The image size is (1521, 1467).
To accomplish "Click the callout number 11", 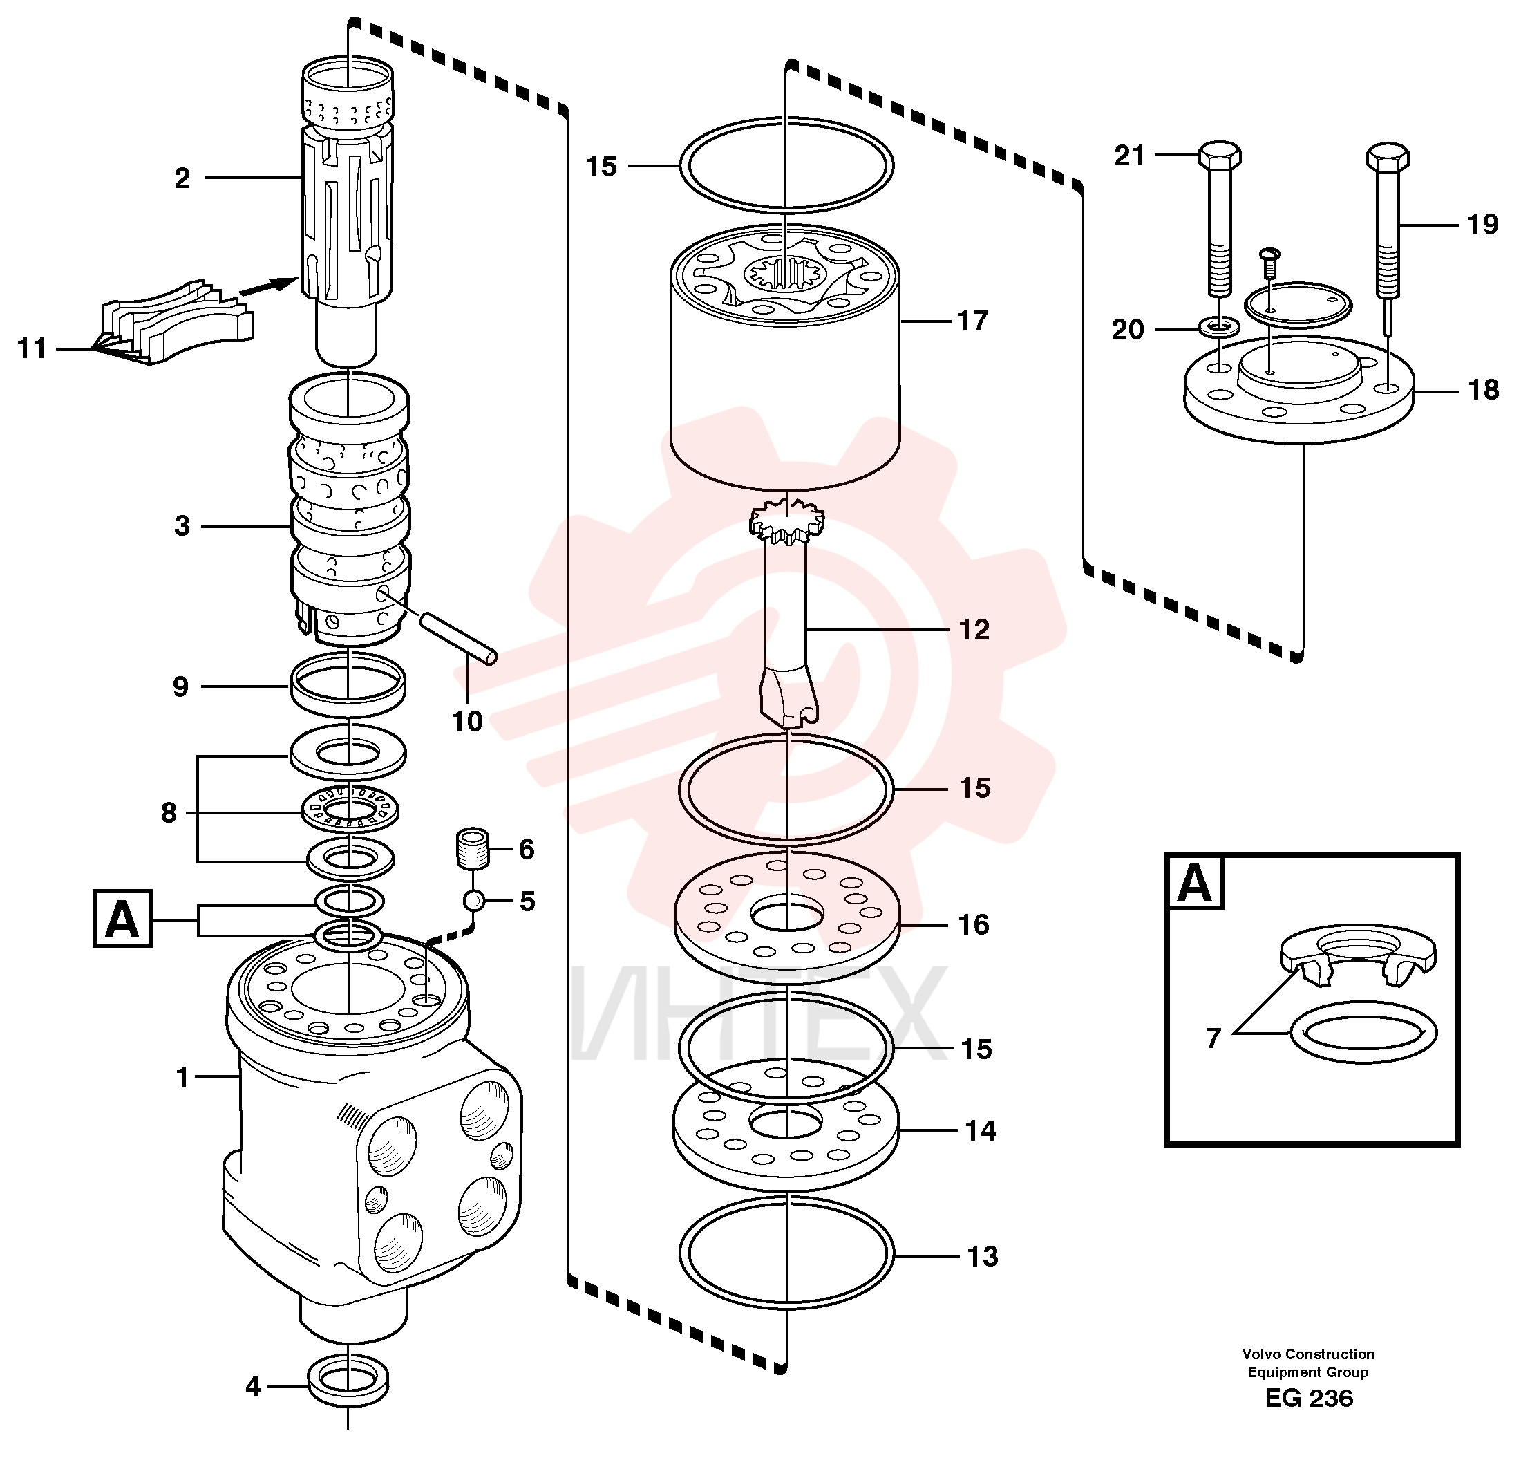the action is tap(32, 348).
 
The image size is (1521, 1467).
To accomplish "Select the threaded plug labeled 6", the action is tap(471, 848).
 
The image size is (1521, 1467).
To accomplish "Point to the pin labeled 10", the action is tap(458, 639).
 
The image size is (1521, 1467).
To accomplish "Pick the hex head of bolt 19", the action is tap(1388, 157).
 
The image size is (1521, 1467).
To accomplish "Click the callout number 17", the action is tap(972, 321).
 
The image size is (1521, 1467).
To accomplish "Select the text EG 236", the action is tap(1308, 1420).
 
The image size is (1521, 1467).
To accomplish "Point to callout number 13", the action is tap(982, 1256).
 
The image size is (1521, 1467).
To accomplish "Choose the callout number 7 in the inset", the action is tap(1213, 1037).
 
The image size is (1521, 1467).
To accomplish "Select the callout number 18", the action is tap(1484, 390).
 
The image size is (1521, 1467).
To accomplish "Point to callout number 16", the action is tap(974, 924).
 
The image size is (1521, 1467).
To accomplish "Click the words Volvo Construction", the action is tap(1307, 1354).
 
